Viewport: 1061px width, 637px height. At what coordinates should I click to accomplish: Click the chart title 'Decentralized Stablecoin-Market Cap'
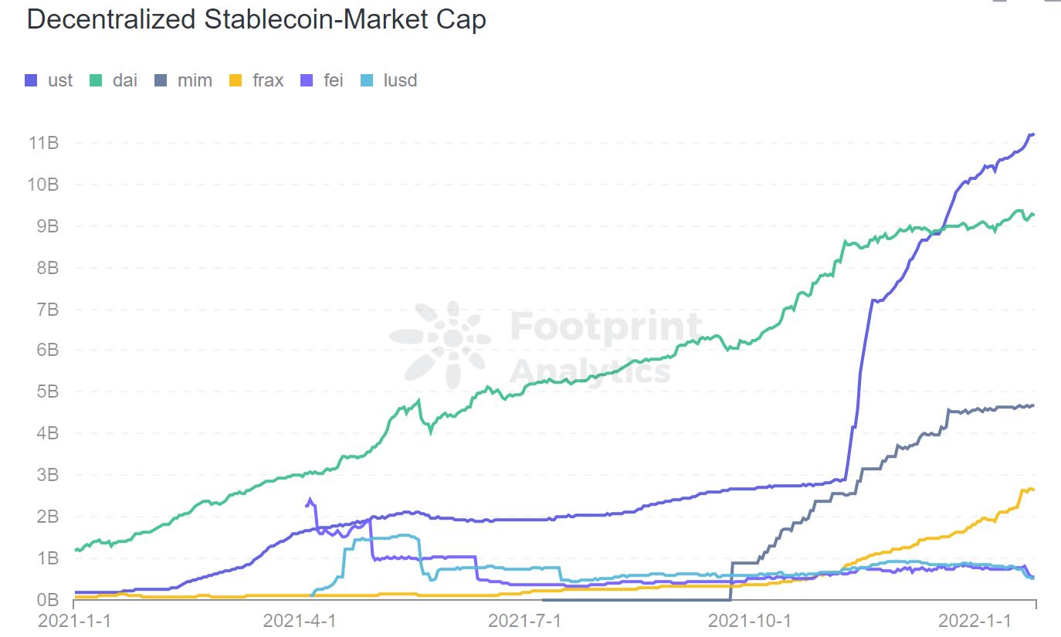(x=256, y=20)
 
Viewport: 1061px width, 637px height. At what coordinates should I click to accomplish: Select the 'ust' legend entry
(x=49, y=80)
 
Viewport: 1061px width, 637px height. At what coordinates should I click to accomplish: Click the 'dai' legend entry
(x=114, y=80)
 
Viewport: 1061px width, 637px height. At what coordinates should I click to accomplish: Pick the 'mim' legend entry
(x=184, y=80)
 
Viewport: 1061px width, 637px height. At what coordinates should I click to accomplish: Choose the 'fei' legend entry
(x=323, y=80)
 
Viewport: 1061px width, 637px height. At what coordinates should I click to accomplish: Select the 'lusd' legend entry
(x=390, y=80)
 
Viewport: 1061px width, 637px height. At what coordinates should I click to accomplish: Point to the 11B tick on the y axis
(x=43, y=143)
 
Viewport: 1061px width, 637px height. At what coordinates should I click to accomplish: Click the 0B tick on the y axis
(x=48, y=599)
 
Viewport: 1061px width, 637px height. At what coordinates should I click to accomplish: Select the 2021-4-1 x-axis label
(x=300, y=621)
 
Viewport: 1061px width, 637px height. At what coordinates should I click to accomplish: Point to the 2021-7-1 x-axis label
(x=526, y=621)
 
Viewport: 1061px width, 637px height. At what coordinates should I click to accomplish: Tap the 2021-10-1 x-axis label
(x=750, y=621)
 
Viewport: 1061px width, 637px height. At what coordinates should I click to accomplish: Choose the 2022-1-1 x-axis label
(x=975, y=621)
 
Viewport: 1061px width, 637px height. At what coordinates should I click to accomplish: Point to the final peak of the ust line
(x=1032, y=134)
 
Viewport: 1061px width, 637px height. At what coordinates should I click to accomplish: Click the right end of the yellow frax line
(x=1033, y=490)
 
